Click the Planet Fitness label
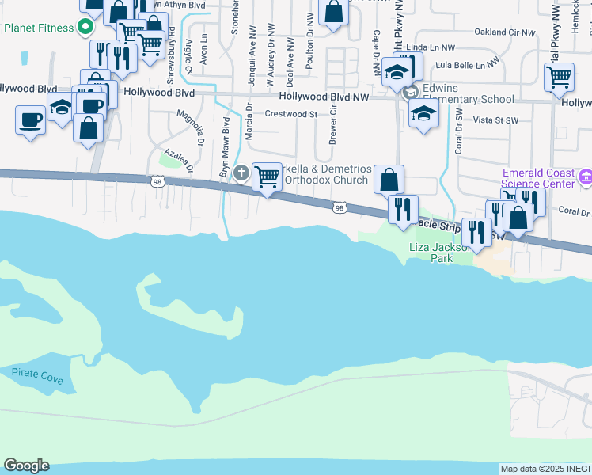tap(38, 28)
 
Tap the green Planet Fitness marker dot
tap(83, 28)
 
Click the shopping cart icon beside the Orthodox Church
tap(267, 177)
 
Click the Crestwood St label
tap(290, 114)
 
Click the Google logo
tap(26, 465)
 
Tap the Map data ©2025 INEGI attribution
tap(545, 469)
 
